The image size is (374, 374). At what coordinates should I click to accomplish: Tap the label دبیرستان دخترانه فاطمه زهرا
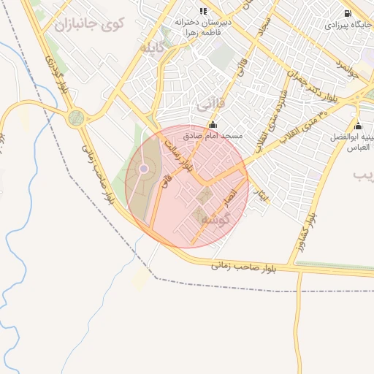[x=202, y=27]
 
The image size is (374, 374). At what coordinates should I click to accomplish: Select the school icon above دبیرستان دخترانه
[x=202, y=10]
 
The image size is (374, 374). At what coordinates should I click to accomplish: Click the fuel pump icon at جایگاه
[x=347, y=12]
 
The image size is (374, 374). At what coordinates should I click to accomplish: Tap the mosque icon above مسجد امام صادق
[x=213, y=125]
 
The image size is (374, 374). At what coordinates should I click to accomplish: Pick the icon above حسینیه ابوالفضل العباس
[x=357, y=125]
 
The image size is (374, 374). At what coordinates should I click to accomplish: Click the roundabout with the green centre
[x=76, y=118]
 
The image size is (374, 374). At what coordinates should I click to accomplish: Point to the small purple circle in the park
[x=144, y=169]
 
